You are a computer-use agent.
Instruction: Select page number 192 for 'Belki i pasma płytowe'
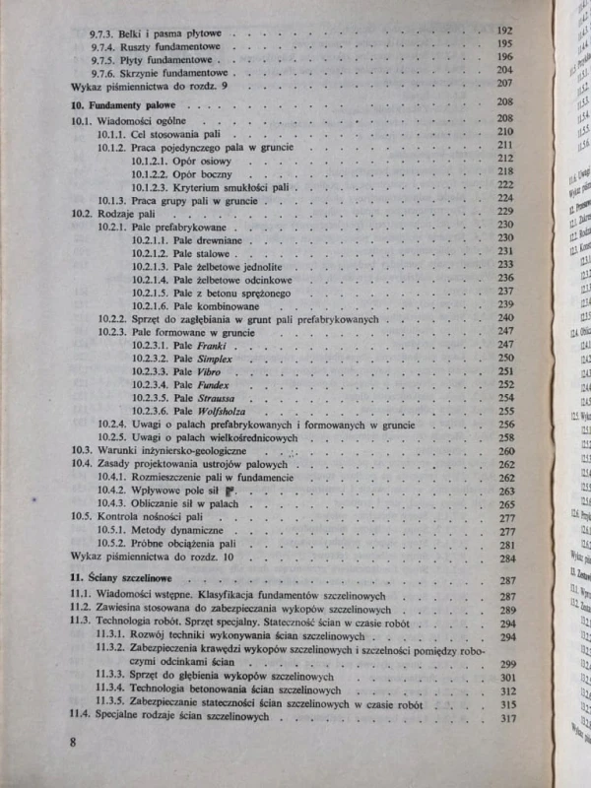pyautogui.click(x=505, y=31)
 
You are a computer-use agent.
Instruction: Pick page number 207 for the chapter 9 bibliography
pyautogui.click(x=506, y=86)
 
